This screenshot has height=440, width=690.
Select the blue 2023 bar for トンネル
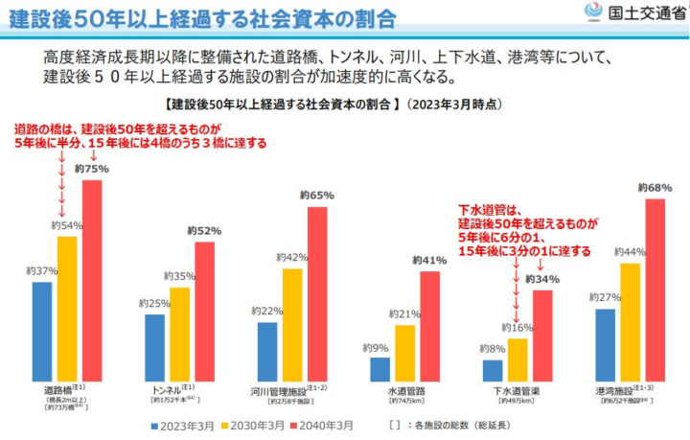coord(154,347)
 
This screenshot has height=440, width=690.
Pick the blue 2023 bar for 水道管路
coord(379,369)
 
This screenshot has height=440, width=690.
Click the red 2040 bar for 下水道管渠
coord(542,335)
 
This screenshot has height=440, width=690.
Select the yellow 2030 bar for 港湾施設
coord(630,321)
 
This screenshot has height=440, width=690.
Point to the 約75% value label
coord(91,169)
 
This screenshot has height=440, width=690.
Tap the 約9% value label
coord(375,347)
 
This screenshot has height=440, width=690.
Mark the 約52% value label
coord(204,230)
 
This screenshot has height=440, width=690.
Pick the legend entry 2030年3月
coord(255,424)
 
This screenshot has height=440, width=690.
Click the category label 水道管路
coord(406,391)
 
